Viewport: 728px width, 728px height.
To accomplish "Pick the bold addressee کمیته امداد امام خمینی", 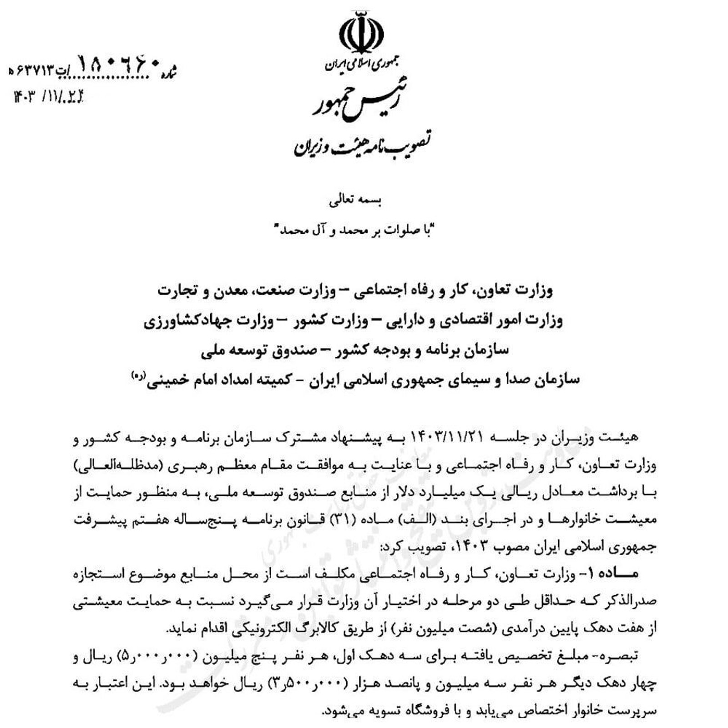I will (213, 379).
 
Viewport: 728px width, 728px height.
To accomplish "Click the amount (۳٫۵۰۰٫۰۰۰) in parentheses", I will (312, 683).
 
